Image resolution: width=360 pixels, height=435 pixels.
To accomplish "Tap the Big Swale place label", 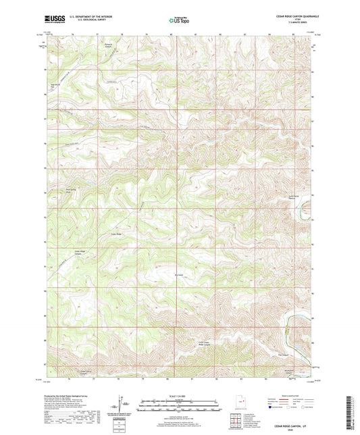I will tap(179, 276).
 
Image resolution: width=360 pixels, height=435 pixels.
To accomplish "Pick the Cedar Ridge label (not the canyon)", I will tap(115, 234).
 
